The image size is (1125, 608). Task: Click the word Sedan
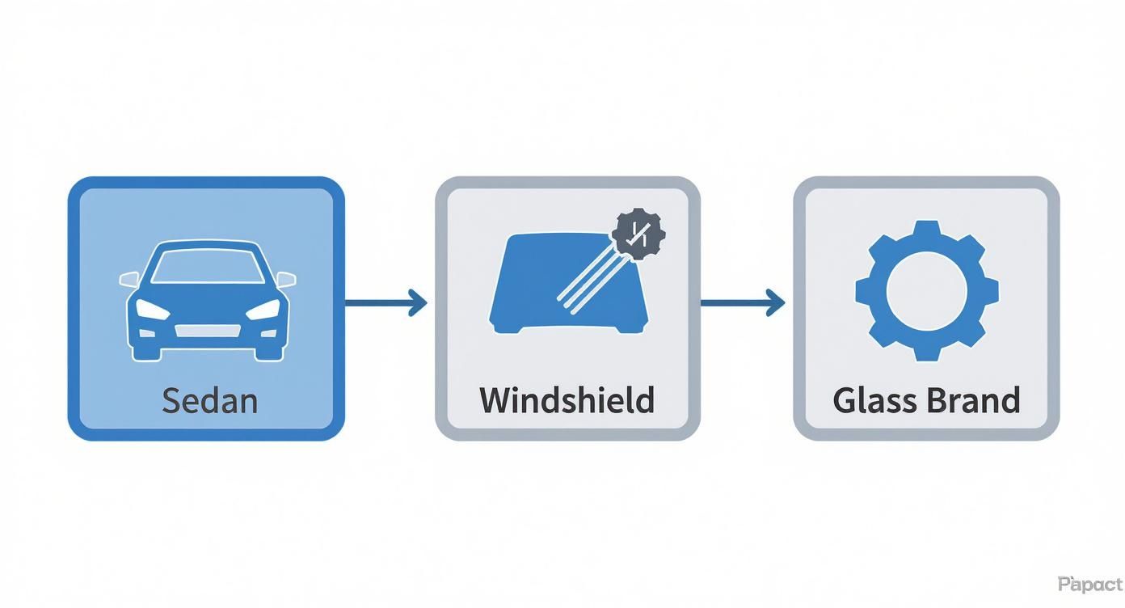[x=209, y=400]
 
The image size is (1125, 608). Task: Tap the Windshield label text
[x=567, y=400]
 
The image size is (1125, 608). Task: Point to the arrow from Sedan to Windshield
[x=386, y=303]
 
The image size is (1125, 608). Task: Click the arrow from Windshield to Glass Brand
[x=742, y=303]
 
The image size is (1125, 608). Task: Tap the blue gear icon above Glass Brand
[x=926, y=290]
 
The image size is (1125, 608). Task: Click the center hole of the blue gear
[x=926, y=290]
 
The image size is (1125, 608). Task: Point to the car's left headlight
[x=151, y=309]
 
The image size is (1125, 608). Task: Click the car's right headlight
[x=263, y=309]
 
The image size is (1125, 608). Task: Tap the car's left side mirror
[x=129, y=279]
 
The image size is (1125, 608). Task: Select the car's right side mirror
[x=286, y=279]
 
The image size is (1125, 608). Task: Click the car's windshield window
[x=208, y=268]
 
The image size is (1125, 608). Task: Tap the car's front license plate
[x=208, y=330]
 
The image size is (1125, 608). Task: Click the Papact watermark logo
[x=1089, y=584]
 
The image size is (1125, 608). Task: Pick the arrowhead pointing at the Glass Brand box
[x=777, y=303]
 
